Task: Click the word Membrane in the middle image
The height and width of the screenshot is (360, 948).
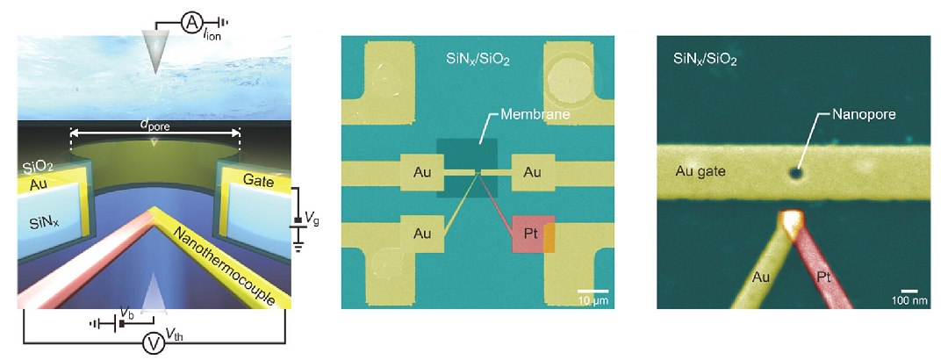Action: pyautogui.click(x=526, y=115)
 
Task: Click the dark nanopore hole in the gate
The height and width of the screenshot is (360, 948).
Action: pyautogui.click(x=796, y=174)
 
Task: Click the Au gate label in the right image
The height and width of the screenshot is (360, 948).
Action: pyautogui.click(x=700, y=172)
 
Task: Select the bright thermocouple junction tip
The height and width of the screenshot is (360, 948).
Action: pyautogui.click(x=794, y=221)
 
